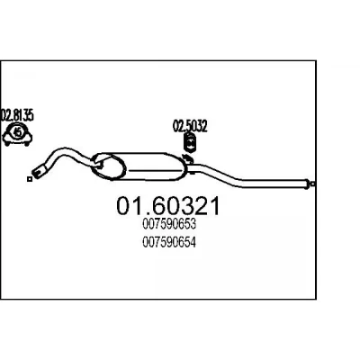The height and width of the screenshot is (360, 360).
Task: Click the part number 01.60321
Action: [168, 206]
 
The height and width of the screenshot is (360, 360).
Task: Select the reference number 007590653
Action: [169, 224]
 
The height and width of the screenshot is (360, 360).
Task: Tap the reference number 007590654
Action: [169, 242]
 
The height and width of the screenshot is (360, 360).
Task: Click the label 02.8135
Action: [17, 115]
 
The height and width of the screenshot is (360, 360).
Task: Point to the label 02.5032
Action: [190, 126]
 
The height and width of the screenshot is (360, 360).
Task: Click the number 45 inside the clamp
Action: [18, 132]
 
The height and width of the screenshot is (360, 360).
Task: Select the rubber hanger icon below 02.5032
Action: [189, 143]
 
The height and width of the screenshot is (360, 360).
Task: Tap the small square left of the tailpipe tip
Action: [30, 179]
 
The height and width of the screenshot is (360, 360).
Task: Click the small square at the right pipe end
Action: [313, 184]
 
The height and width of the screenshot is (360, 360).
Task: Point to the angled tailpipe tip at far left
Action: [39, 171]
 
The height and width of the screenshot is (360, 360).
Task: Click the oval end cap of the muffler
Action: [108, 166]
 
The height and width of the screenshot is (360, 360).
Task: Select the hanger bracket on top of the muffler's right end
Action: [187, 158]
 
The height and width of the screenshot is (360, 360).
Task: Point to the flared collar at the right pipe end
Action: [307, 184]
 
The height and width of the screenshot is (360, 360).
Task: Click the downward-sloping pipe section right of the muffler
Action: [223, 175]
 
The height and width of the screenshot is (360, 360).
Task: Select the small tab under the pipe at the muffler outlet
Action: [193, 173]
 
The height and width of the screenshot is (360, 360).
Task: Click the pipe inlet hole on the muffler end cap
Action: [100, 163]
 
